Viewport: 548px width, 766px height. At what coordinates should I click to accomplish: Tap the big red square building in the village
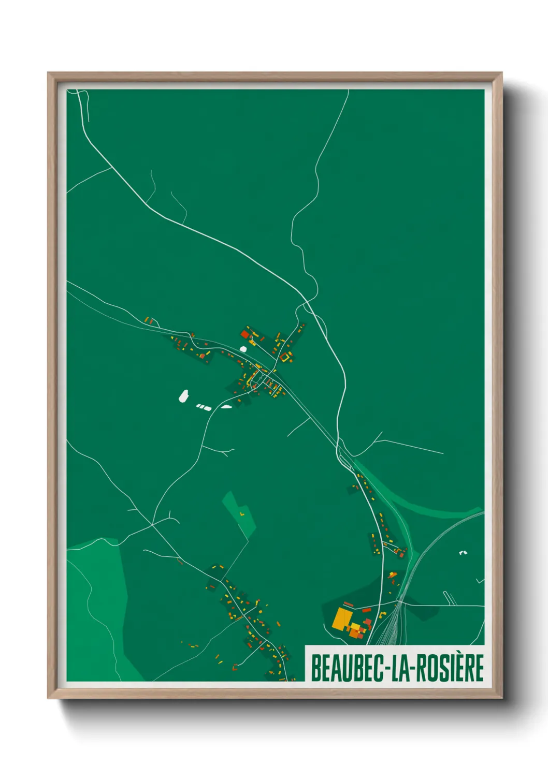pyautogui.click(x=245, y=335)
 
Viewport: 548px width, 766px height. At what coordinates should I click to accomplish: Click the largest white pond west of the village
pyautogui.click(x=183, y=396)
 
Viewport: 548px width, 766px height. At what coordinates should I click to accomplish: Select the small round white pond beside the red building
pyautogui.click(x=243, y=349)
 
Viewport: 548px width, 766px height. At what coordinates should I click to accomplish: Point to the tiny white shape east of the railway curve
pyautogui.click(x=463, y=553)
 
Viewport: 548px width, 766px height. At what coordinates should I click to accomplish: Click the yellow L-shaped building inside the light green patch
pyautogui.click(x=241, y=513)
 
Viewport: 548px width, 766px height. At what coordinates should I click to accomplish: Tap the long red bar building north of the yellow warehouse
pyautogui.click(x=349, y=604)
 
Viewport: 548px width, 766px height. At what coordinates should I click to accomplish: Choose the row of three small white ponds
pyautogui.click(x=204, y=407)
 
